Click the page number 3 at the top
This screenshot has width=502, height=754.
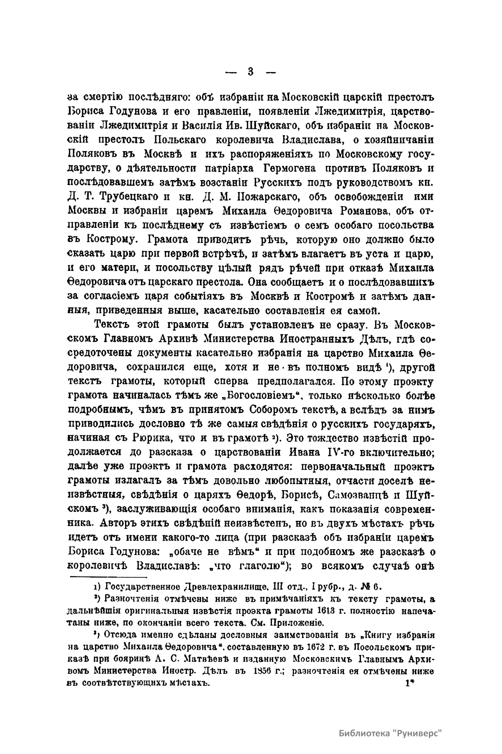[x=250, y=71]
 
